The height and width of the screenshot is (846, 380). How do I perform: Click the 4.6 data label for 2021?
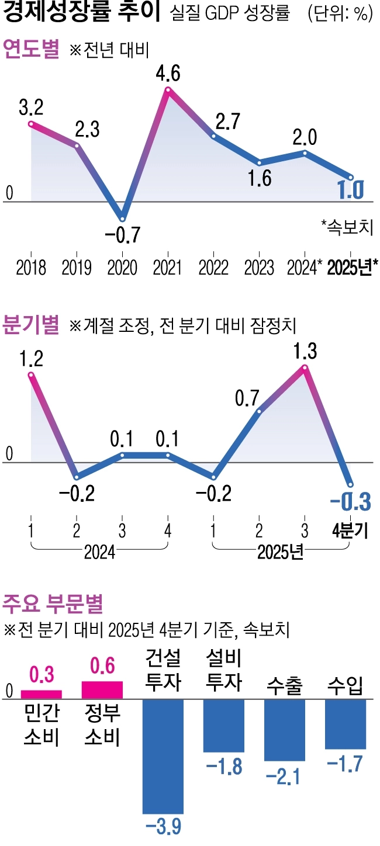click(x=168, y=74)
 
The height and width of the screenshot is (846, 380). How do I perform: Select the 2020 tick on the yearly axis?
click(x=122, y=268)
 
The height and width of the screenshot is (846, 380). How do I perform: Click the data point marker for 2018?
click(x=31, y=123)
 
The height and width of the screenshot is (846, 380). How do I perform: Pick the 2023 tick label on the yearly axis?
click(x=260, y=268)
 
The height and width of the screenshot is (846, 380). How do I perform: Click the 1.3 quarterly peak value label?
click(x=305, y=352)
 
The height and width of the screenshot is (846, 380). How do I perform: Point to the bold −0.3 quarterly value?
click(x=350, y=501)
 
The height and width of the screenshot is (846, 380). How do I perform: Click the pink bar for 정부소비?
click(x=102, y=689)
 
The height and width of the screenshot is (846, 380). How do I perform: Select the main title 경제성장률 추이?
click(x=82, y=13)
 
